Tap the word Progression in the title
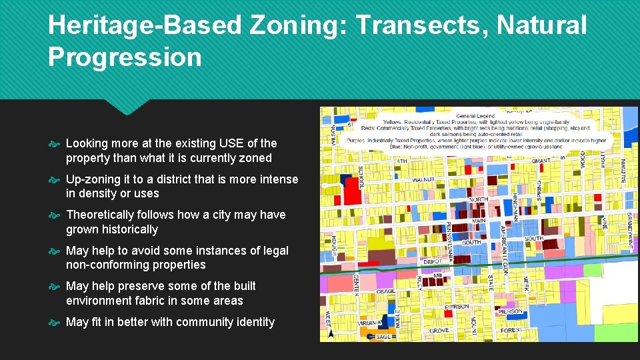[x=125, y=57]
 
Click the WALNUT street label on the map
[x=423, y=180]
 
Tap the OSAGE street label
[x=385, y=291]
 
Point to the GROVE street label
[x=439, y=331]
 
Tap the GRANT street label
[x=540, y=161]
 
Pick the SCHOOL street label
[x=361, y=177]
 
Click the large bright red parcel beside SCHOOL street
[x=351, y=192]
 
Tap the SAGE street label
[x=384, y=337]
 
